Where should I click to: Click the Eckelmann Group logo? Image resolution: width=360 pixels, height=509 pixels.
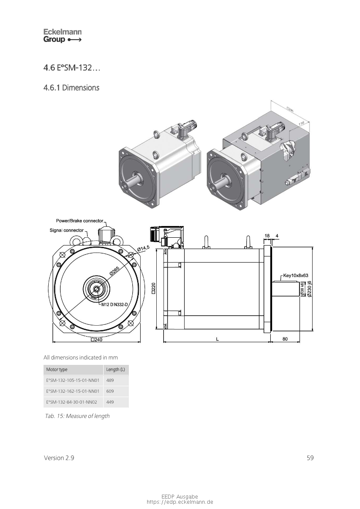(62, 36)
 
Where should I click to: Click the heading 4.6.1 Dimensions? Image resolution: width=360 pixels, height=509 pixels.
(71, 88)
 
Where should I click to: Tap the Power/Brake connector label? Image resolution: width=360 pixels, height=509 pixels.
(80, 221)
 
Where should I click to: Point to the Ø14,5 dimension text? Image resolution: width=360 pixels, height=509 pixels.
(143, 248)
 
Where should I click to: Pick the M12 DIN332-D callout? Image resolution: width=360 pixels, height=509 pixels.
(114, 304)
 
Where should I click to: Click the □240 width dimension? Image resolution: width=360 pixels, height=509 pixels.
(96, 340)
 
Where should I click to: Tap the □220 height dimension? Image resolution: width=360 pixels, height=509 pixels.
(153, 288)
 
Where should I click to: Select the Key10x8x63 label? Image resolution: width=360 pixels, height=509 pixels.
(296, 275)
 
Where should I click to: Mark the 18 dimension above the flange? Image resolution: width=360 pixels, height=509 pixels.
(267, 236)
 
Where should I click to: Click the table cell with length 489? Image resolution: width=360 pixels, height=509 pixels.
(110, 380)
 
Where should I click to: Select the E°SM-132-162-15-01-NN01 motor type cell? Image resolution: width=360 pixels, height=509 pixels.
(73, 391)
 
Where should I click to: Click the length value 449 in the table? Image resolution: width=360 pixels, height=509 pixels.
(110, 402)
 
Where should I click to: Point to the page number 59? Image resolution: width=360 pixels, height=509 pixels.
(310, 458)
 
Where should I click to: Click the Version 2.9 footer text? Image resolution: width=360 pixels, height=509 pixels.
(59, 458)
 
